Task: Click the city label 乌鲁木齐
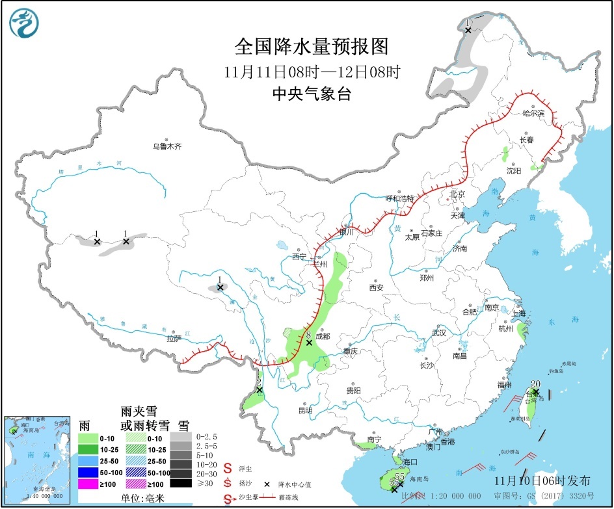[x=167, y=147]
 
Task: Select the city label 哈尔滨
[x=536, y=112]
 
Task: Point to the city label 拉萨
[x=174, y=339]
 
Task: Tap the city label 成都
[x=323, y=337]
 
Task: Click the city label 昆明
[x=305, y=410]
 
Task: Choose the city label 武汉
[x=439, y=333]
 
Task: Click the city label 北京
[x=458, y=194]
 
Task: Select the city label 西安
[x=377, y=287]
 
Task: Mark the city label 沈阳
[x=514, y=170]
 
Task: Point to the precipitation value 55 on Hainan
[x=399, y=476]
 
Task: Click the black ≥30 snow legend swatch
[x=183, y=483]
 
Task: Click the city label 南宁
[x=374, y=439]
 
